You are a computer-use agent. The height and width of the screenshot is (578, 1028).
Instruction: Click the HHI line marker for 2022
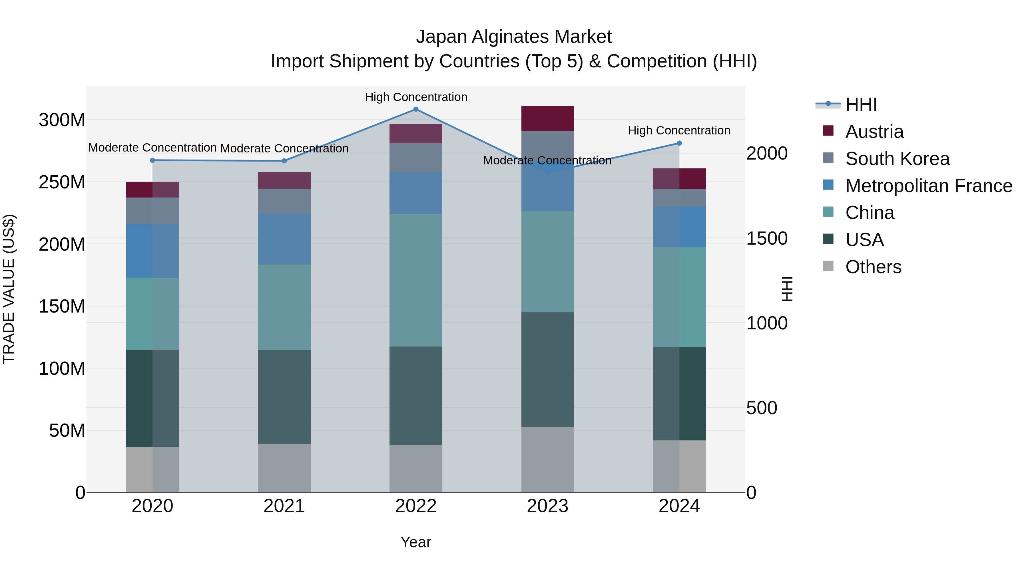tap(416, 109)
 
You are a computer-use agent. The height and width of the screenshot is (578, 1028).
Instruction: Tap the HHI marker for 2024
tap(679, 143)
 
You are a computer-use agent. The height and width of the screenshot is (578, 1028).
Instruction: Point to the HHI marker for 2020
tap(152, 160)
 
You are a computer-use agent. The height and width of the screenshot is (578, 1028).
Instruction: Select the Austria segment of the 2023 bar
tap(547, 118)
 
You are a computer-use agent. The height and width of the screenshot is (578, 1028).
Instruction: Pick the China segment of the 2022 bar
tap(416, 280)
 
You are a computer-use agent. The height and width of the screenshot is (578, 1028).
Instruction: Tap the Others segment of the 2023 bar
tap(547, 460)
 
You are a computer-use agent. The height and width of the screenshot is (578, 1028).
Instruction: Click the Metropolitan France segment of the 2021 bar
tap(284, 239)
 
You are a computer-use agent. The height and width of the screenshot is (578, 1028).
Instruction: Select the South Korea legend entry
tap(897, 159)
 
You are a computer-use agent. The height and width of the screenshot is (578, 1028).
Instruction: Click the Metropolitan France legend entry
tap(928, 186)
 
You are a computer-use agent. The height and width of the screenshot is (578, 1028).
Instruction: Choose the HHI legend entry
tap(861, 104)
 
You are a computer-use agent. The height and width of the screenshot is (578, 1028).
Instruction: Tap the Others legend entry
tap(873, 267)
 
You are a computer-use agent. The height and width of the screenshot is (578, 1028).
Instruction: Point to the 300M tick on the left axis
tap(62, 120)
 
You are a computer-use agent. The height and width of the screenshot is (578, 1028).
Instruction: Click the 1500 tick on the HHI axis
tap(767, 239)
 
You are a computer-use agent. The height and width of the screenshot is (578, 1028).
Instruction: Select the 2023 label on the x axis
tap(547, 506)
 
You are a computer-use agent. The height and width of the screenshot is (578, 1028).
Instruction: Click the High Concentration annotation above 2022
tap(416, 97)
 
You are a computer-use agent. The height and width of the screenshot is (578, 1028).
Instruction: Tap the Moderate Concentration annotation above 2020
tap(152, 148)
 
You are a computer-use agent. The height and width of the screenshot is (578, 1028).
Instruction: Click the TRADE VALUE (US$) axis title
tap(9, 289)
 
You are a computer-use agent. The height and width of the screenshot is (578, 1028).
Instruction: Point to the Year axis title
tap(416, 542)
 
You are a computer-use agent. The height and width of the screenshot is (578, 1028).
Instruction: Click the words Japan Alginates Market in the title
tap(514, 37)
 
